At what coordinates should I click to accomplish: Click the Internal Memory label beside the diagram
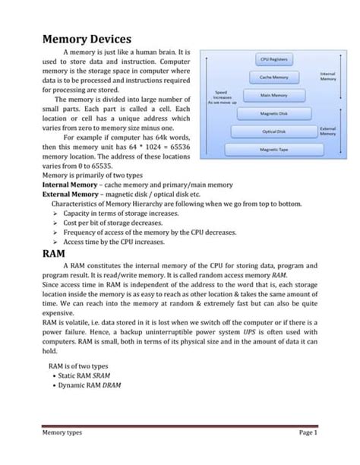click(x=328, y=76)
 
